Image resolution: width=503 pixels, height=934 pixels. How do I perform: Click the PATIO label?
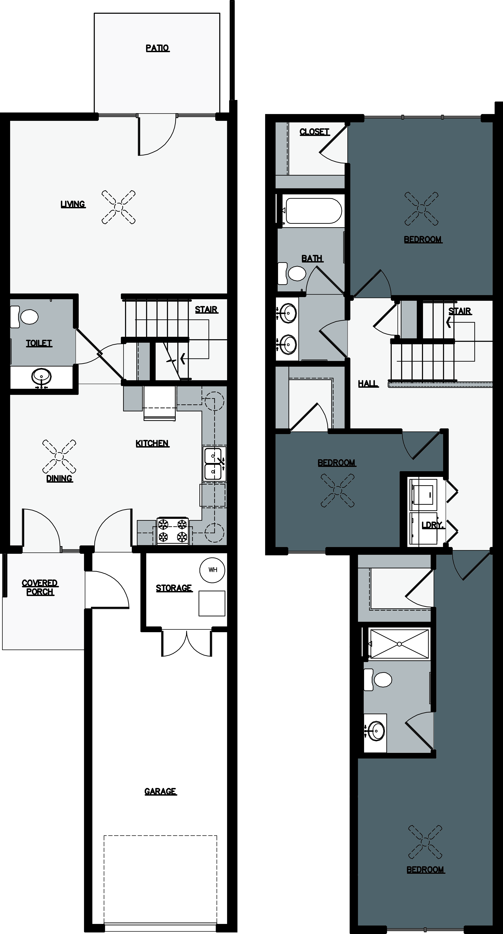[157, 48]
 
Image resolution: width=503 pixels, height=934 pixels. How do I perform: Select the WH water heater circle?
[213, 570]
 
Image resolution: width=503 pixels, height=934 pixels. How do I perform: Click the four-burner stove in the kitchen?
[172, 530]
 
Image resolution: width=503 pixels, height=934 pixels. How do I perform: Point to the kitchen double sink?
[214, 464]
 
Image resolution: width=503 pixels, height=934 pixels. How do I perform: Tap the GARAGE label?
[160, 792]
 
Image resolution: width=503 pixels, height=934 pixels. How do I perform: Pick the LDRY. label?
[433, 525]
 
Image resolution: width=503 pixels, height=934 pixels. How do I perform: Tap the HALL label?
[368, 383]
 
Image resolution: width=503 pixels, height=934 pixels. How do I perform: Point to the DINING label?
[59, 479]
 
